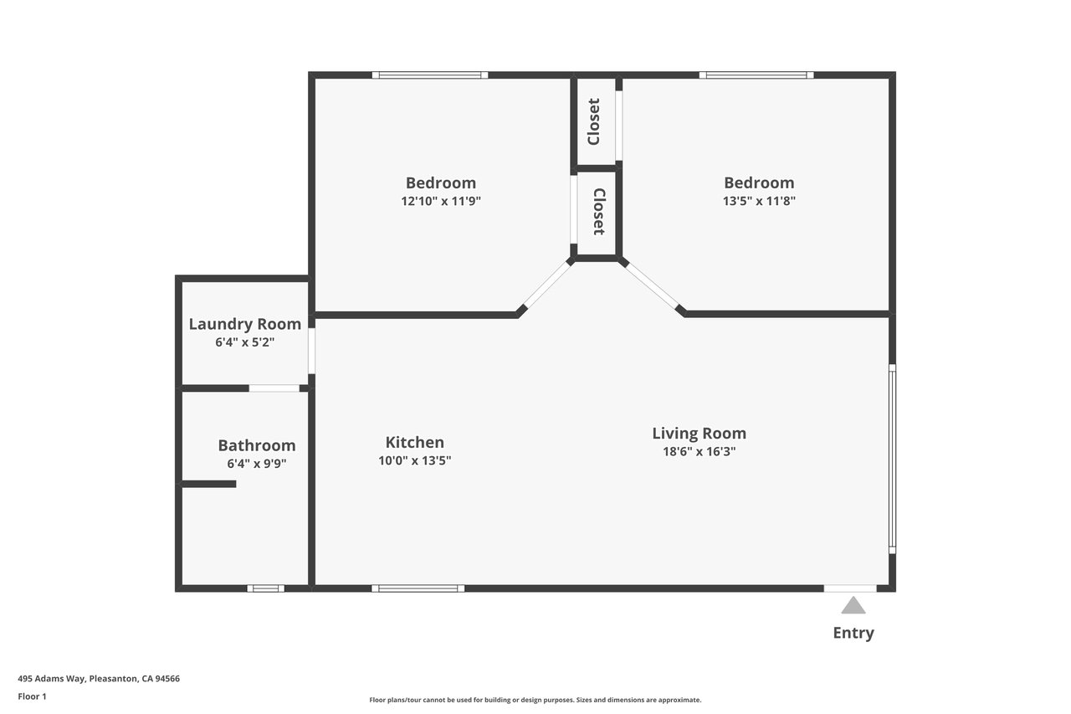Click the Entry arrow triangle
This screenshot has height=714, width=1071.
pyautogui.click(x=853, y=605)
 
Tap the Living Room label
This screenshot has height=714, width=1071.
pyautogui.click(x=699, y=434)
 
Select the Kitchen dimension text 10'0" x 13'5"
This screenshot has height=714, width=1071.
pyautogui.click(x=414, y=460)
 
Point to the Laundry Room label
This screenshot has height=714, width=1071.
pyautogui.click(x=245, y=324)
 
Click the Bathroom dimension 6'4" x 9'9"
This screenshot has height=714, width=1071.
pyautogui.click(x=257, y=464)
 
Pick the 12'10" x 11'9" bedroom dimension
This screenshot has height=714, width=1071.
pyautogui.click(x=441, y=201)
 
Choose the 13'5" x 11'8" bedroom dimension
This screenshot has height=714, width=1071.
pyautogui.click(x=759, y=201)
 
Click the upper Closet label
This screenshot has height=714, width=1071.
pyautogui.click(x=593, y=121)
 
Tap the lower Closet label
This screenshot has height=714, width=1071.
pyautogui.click(x=599, y=212)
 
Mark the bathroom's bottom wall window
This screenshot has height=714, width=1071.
pyautogui.click(x=266, y=588)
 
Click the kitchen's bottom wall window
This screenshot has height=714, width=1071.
pyautogui.click(x=418, y=588)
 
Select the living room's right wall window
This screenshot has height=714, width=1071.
pyautogui.click(x=892, y=459)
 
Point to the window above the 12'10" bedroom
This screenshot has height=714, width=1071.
pyautogui.click(x=430, y=75)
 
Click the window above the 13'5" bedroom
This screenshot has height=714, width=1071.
pyautogui.click(x=756, y=75)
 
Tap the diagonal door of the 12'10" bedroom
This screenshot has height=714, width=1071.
pyautogui.click(x=547, y=285)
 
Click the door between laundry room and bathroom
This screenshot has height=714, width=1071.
pyautogui.click(x=274, y=388)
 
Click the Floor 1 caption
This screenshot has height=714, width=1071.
pyautogui.click(x=32, y=696)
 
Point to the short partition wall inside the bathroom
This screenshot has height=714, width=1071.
pyautogui.click(x=209, y=485)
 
